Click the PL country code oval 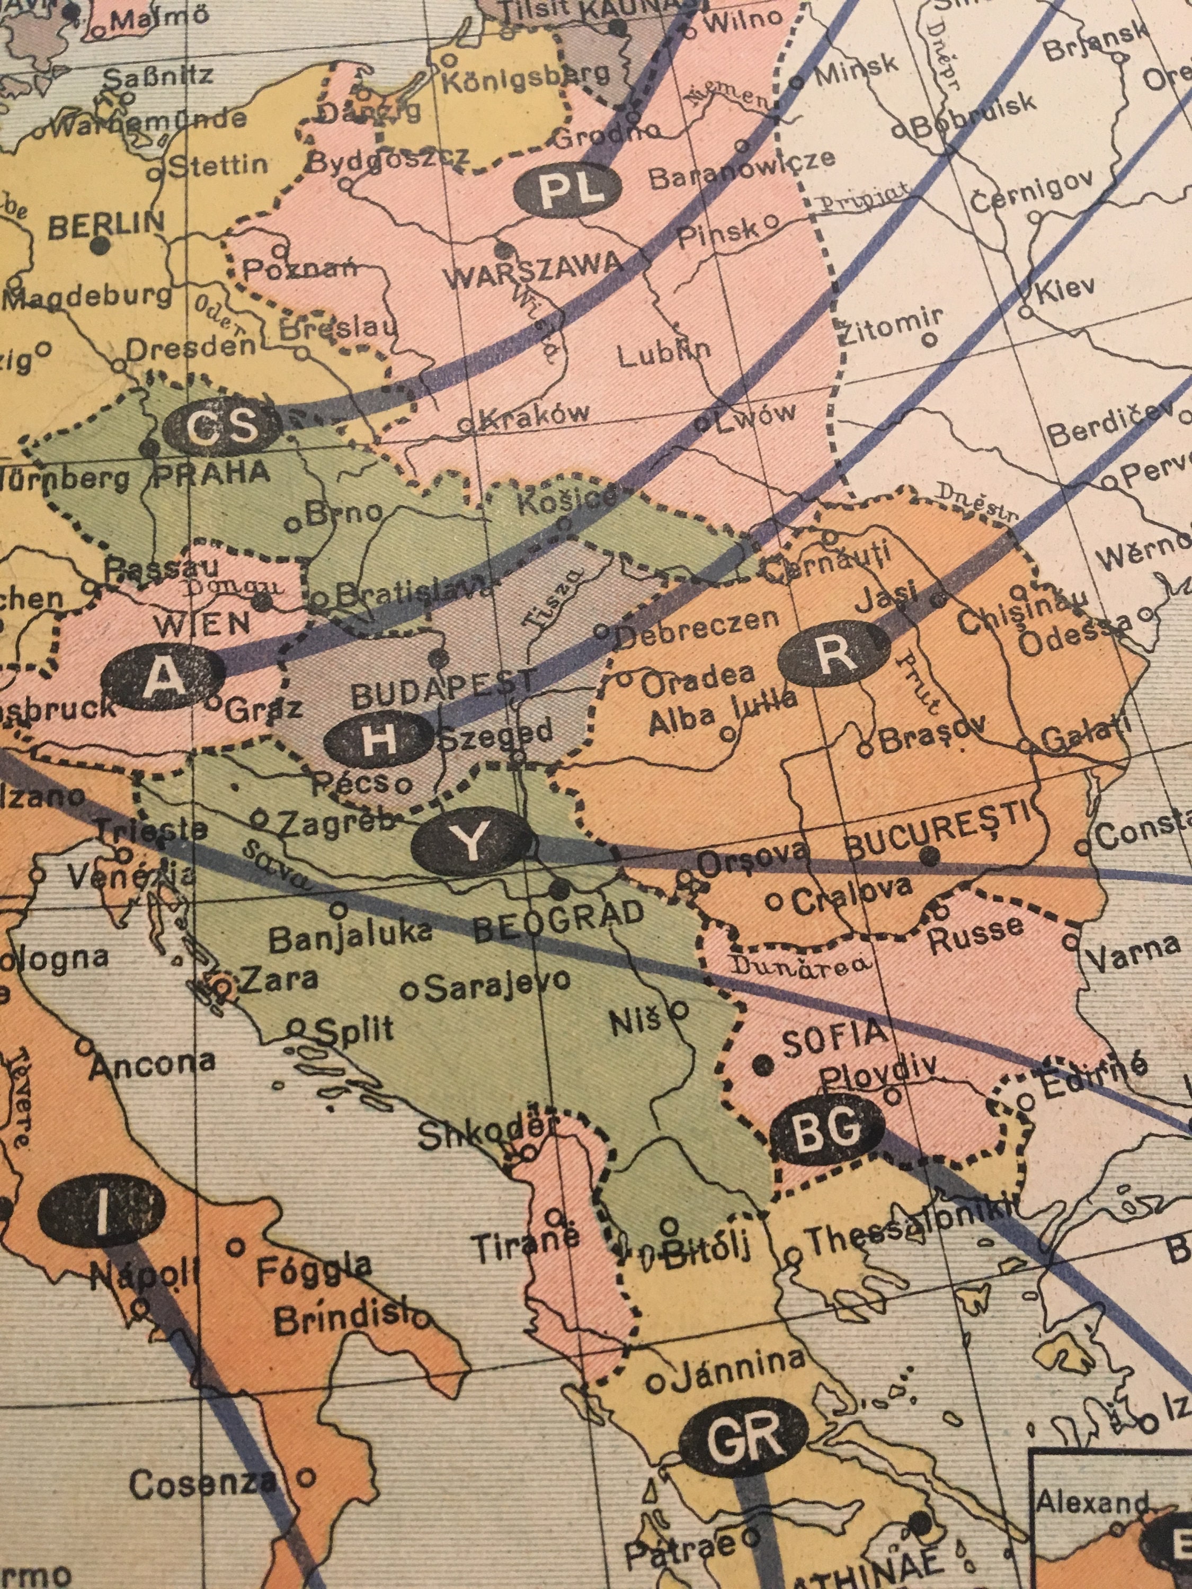pos(567,192)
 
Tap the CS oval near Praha pos(221,427)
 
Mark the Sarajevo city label pos(496,986)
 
